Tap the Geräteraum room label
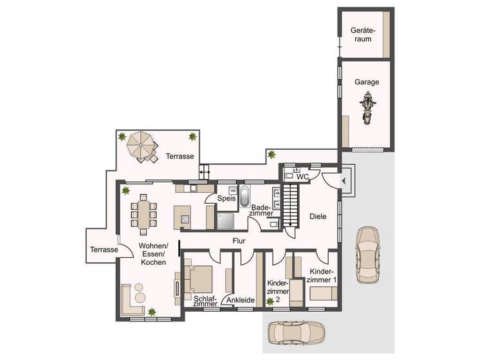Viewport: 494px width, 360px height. (x=362, y=35)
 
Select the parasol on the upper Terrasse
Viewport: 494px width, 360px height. (x=140, y=145)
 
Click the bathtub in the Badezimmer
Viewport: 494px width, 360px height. (x=245, y=197)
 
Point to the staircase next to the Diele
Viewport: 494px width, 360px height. (x=292, y=204)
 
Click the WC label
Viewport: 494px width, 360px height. (x=303, y=176)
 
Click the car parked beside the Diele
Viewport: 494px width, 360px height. (x=367, y=254)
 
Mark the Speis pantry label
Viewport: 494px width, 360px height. (x=226, y=199)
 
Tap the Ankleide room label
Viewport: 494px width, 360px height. (x=241, y=300)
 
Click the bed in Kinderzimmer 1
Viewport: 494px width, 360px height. (x=322, y=293)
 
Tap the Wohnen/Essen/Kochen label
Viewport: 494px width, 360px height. (x=154, y=254)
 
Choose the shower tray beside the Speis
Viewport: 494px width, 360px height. (x=226, y=221)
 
